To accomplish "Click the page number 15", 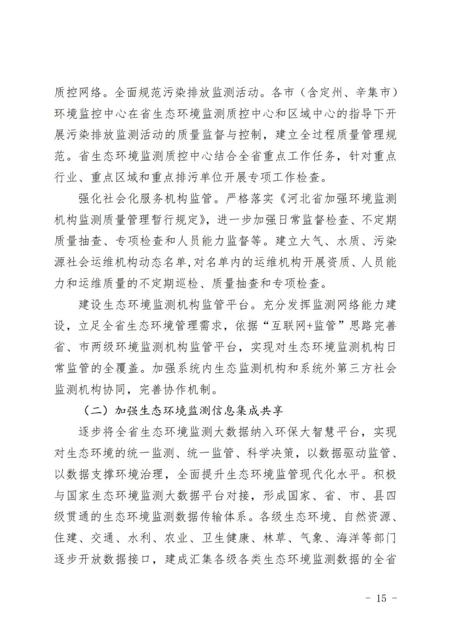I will [x=381, y=598].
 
